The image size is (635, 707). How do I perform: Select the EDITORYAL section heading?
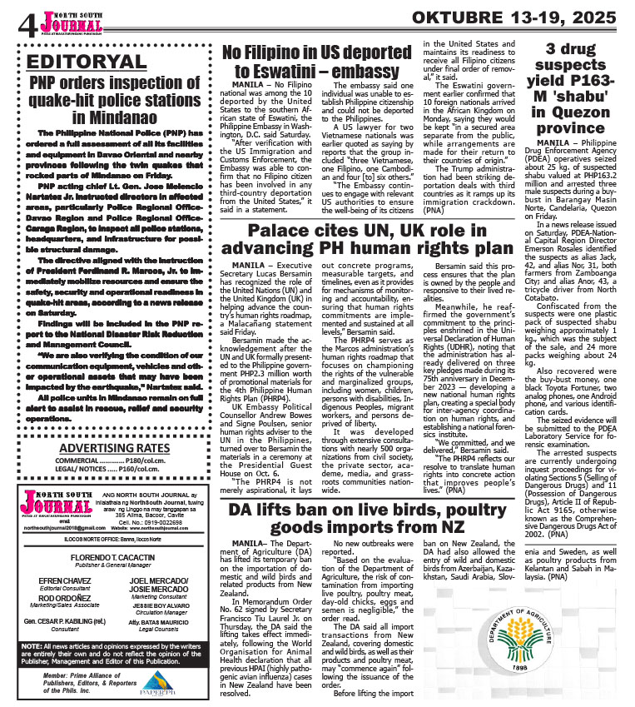click(x=87, y=62)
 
